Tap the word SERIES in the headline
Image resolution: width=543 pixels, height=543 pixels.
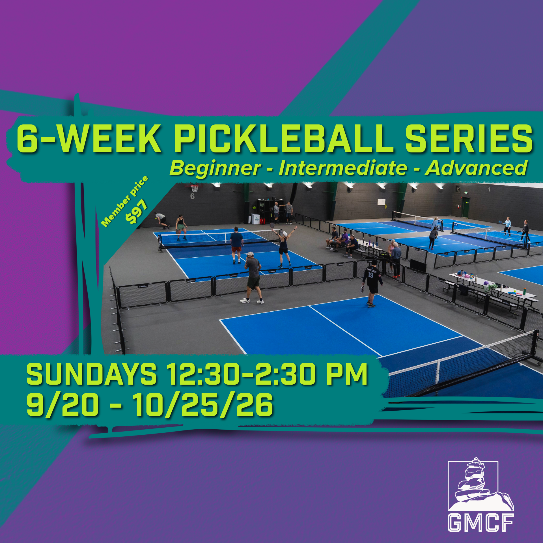pyautogui.click(x=469, y=139)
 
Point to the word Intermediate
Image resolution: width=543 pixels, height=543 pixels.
pyautogui.click(x=343, y=168)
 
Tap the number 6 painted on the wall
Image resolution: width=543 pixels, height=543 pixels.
pyautogui.click(x=192, y=196)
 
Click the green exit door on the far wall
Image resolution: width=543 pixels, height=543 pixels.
pyautogui.click(x=466, y=207)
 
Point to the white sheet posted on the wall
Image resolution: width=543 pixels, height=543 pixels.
pyautogui.click(x=381, y=202)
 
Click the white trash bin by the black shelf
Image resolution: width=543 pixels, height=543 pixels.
pyautogui.click(x=255, y=219)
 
